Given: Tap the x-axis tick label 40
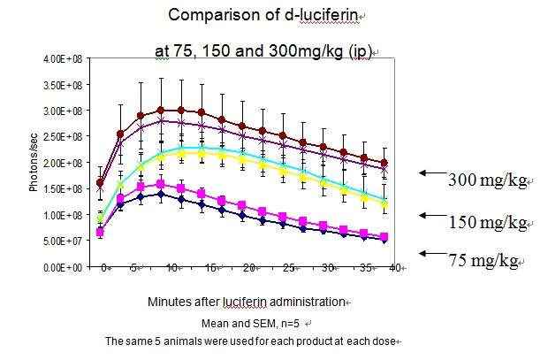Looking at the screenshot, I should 400,266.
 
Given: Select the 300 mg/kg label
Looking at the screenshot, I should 487,181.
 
